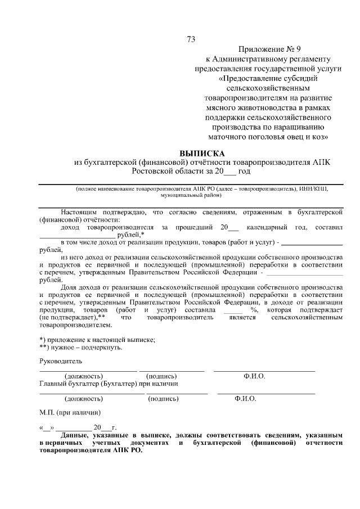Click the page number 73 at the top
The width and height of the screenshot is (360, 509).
coord(191,39)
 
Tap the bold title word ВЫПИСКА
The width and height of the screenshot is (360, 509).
coord(201,153)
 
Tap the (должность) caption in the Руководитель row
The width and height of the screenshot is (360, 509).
coord(84,376)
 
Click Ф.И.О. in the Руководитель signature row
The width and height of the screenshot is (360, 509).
coord(254,376)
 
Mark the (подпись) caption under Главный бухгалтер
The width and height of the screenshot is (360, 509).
coord(163,399)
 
